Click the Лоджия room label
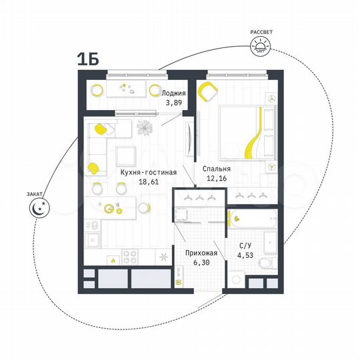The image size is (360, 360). [174, 93]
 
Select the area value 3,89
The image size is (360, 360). [174, 103]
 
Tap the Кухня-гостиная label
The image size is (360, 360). [148, 172]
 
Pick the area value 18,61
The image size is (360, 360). [148, 182]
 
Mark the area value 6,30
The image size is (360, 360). [199, 262]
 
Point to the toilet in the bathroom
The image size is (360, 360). [262, 264]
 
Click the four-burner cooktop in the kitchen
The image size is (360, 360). [131, 255]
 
